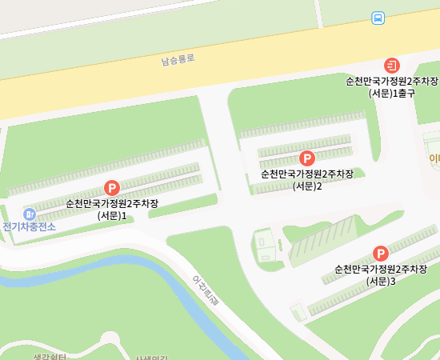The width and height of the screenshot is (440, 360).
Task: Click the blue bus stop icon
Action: (x=378, y=18)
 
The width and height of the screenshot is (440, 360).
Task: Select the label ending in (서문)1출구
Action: (x=392, y=87)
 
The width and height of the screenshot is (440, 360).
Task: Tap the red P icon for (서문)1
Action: (x=112, y=188)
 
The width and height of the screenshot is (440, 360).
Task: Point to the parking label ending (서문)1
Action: (x=112, y=209)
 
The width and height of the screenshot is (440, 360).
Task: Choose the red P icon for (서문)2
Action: (x=306, y=158)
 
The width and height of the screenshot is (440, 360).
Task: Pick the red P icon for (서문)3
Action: (x=381, y=254)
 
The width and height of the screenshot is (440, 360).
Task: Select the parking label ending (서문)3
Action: (x=381, y=274)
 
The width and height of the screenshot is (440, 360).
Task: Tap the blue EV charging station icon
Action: (x=30, y=214)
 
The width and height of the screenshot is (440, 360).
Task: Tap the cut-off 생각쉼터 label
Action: (x=48, y=355)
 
